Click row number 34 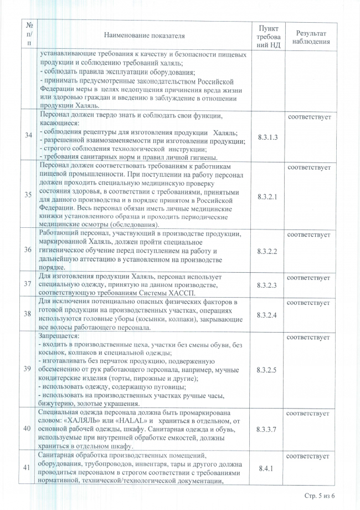click(x=29, y=135)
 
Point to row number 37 click(x=29, y=284)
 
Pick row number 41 click(x=29, y=468)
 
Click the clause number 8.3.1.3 click(x=268, y=136)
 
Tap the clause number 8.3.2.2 click(x=268, y=251)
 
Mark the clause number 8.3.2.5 click(x=268, y=368)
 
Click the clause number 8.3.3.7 click(x=268, y=429)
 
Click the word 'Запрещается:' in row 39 click(x=59, y=336)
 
